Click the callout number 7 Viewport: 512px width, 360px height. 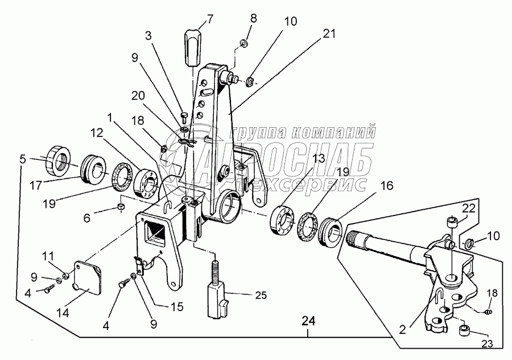pyautogui.click(x=210, y=18)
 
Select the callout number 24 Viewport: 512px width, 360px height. pyautogui.click(x=308, y=320)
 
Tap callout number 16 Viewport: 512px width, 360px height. pyautogui.click(x=370, y=185)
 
